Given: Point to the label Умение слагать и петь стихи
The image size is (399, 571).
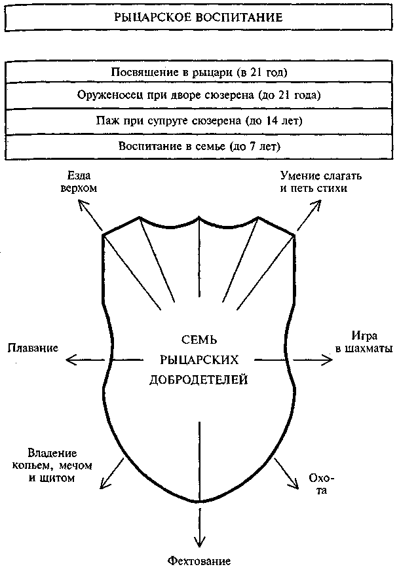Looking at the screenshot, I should click(320, 183).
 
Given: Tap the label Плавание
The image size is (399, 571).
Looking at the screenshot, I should click(33, 347).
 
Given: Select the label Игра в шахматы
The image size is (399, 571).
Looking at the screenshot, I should click(365, 342).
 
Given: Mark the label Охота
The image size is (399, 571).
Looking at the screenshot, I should click(316, 484).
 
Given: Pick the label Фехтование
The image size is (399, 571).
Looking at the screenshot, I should click(199, 561).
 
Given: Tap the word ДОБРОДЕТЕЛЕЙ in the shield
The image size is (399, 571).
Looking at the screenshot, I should click(199, 379).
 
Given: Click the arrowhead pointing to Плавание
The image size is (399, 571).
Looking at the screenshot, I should click(70, 359).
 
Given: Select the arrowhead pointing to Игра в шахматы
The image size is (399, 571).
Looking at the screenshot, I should click(328, 359).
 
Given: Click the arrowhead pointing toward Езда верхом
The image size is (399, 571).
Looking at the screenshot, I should click(83, 205).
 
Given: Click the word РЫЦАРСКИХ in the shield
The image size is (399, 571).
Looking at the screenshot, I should click(199, 359).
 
